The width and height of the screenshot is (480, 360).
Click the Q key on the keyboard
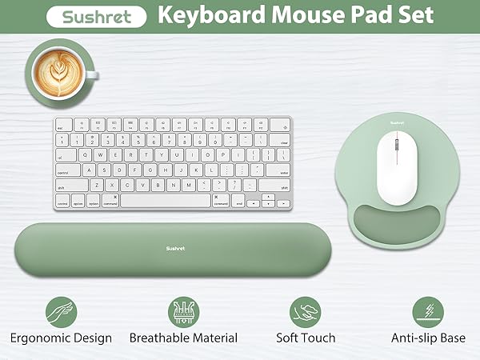(96, 155)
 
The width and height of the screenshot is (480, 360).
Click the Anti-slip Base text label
(428, 338)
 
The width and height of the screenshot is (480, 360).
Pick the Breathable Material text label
(183, 338)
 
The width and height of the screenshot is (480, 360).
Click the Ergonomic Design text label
(62, 338)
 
